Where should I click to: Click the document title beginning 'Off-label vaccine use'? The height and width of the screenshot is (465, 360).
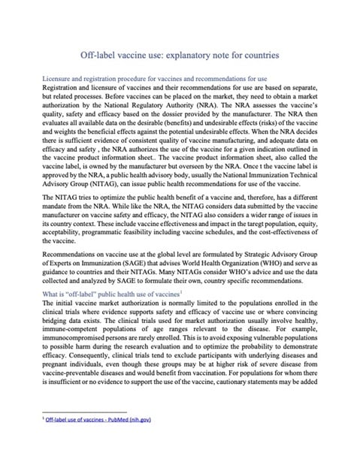click(x=180, y=56)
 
